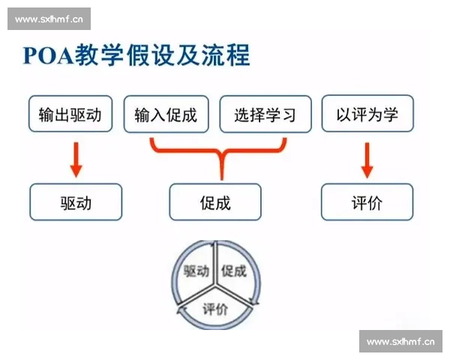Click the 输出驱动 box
tap(70, 115)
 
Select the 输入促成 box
tap(166, 115)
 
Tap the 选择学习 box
tap(265, 115)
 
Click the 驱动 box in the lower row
tap(76, 202)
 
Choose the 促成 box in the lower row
tap(215, 202)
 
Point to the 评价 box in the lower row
tap(367, 202)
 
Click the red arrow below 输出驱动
tap(75, 158)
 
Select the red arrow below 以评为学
tap(367, 158)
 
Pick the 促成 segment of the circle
tap(235, 271)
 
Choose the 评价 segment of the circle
tap(216, 308)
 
